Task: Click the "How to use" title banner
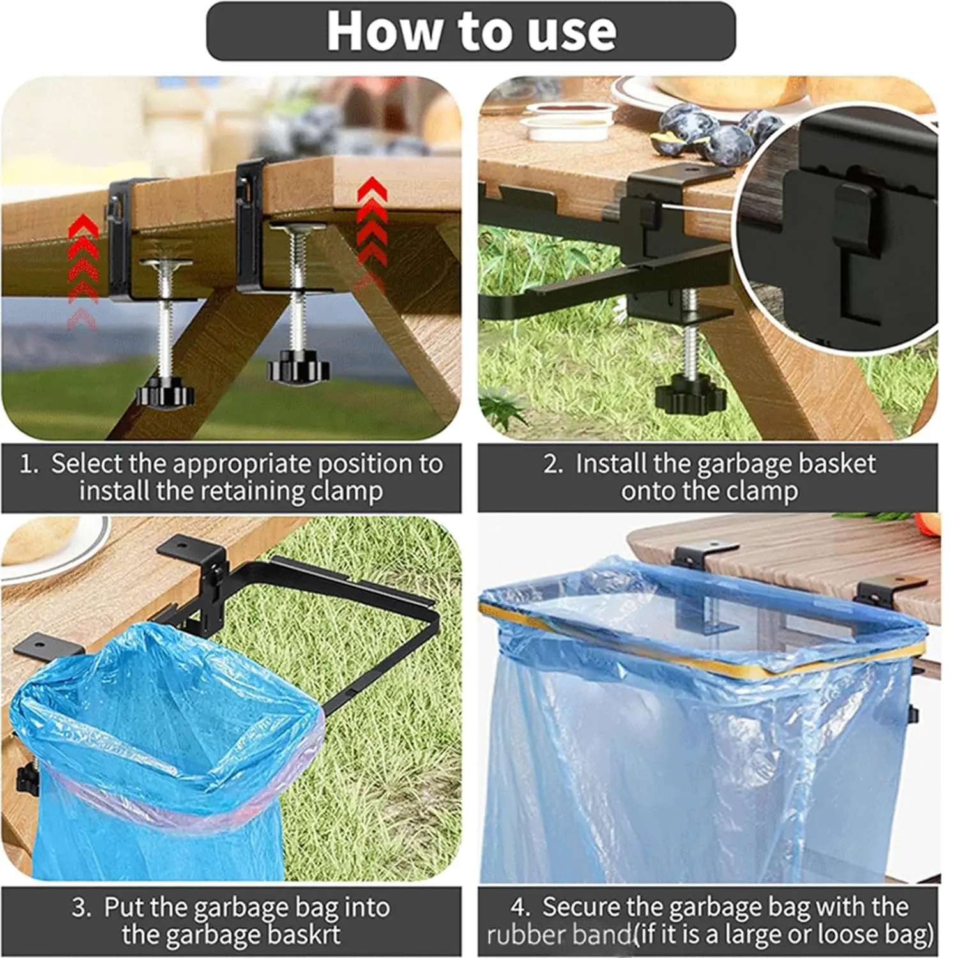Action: (x=471, y=31)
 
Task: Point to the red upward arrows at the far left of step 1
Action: (x=82, y=268)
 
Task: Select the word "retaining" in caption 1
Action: (x=252, y=492)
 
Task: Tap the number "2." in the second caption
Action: (x=553, y=464)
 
